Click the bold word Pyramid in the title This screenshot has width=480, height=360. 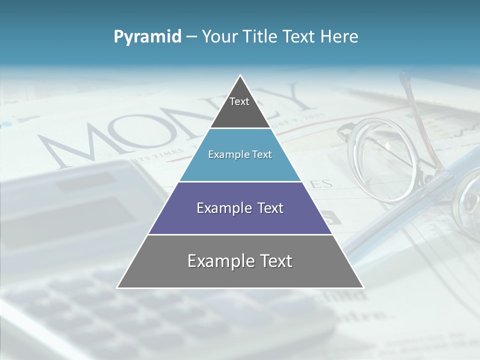click(x=147, y=37)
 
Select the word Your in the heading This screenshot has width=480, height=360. click(x=219, y=37)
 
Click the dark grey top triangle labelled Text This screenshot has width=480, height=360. click(x=239, y=107)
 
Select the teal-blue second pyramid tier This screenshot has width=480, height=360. click(x=240, y=155)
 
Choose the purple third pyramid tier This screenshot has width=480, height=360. click(x=240, y=208)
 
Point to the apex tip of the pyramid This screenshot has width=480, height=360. click(x=240, y=76)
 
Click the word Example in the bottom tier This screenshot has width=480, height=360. click(x=221, y=261)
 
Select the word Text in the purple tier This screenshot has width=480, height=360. click(x=267, y=208)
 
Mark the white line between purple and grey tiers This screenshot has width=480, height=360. click(x=240, y=234)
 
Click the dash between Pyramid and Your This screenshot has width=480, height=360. click(x=191, y=37)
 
